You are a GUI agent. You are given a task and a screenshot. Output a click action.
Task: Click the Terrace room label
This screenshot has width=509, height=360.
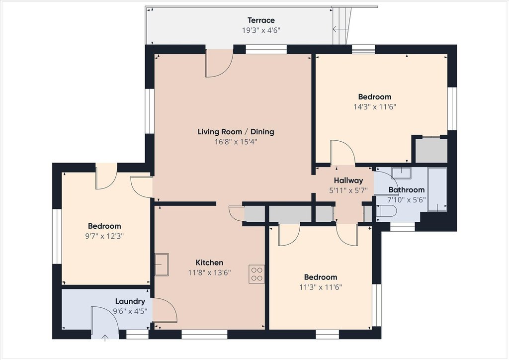[x=261, y=20]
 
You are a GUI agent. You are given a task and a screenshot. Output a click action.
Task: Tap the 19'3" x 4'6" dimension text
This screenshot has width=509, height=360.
[x=261, y=30]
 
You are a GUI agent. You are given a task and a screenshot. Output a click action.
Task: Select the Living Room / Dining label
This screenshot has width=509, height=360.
[x=236, y=131]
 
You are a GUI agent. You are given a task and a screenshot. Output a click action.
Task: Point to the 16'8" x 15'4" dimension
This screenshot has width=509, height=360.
[x=236, y=142]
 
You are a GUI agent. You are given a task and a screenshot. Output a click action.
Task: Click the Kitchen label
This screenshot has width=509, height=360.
[x=209, y=262]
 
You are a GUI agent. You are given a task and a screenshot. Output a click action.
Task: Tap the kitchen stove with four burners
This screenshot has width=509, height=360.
[x=256, y=274]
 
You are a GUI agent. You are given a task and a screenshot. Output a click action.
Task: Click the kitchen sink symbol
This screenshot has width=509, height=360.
[x=162, y=265]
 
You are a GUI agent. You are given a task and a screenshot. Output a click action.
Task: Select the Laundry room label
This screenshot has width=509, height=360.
[x=130, y=301]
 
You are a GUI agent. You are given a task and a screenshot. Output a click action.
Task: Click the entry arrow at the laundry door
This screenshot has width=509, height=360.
[x=105, y=338]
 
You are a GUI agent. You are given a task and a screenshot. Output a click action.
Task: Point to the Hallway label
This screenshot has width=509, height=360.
[x=348, y=180]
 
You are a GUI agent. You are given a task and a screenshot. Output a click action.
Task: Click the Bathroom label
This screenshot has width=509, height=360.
[x=407, y=189]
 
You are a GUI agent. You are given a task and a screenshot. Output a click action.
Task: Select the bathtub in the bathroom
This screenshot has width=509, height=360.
[x=437, y=189]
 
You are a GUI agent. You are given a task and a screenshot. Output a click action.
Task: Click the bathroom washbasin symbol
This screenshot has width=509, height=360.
[x=402, y=173]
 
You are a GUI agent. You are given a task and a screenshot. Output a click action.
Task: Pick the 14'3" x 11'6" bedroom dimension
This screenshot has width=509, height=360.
[x=375, y=107]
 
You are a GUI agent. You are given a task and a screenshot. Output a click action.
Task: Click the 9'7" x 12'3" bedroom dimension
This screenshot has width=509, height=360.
[x=104, y=236]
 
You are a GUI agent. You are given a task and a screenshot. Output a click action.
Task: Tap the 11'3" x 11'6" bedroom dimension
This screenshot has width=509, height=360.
[x=321, y=287]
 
